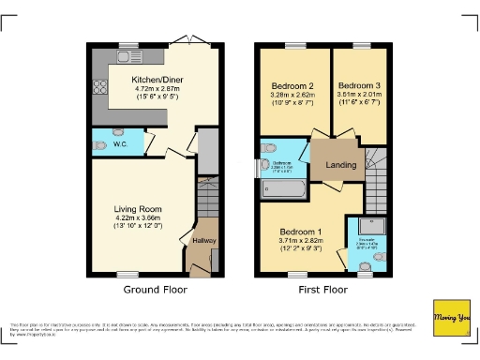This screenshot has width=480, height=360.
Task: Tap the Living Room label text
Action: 138,209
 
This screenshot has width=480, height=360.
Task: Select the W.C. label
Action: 120,144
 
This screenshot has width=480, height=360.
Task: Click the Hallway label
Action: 203,241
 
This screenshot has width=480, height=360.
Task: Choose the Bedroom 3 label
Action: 355,84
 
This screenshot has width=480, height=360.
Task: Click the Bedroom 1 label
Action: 307,231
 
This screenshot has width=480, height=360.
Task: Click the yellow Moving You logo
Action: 450,317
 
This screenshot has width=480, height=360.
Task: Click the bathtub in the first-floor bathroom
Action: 283,190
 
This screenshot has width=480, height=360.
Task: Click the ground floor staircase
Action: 208,201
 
